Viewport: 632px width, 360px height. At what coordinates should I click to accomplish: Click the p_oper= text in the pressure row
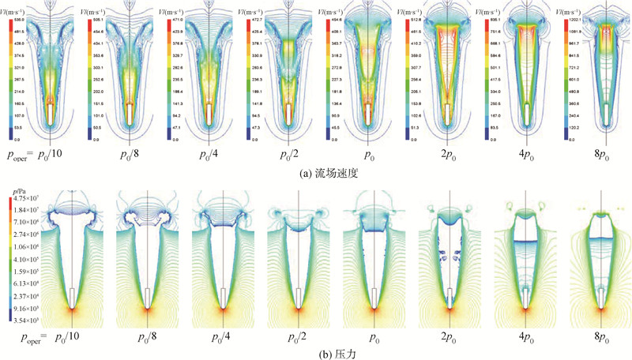(x=30, y=336)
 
